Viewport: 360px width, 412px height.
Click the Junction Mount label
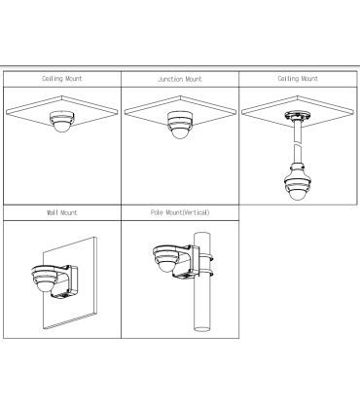coord(180,79)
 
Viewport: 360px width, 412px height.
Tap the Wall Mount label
coord(62,212)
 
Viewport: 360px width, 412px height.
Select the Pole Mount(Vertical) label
coord(180,212)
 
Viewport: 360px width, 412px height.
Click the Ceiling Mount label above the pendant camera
coord(298,79)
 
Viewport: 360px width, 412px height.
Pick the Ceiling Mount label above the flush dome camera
coord(62,79)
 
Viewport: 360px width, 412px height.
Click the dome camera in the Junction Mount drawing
coord(180,125)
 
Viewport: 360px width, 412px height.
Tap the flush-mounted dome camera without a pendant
coord(61,122)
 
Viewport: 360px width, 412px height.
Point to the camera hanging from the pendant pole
coord(298,182)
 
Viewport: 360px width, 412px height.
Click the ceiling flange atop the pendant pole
coord(298,116)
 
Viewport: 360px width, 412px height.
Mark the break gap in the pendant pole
coord(298,143)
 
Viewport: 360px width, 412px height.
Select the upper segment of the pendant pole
coord(298,131)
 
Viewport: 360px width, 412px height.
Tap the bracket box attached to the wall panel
coord(71,280)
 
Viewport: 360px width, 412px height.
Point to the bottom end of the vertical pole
coord(201,328)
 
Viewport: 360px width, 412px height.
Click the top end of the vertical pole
coord(201,234)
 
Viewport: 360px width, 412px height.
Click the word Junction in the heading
coord(170,79)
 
